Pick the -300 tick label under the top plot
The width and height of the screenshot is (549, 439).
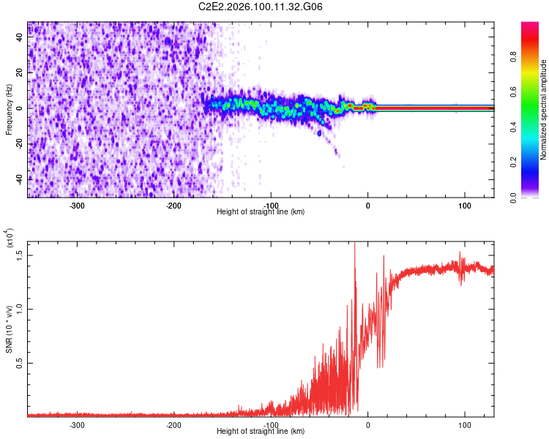click(77, 206)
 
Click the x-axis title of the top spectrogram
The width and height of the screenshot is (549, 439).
click(261, 212)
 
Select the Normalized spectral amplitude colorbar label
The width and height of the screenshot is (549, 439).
click(544, 110)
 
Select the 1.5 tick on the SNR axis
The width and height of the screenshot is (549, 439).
click(19, 255)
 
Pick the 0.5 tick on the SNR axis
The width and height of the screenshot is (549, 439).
click(19, 363)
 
